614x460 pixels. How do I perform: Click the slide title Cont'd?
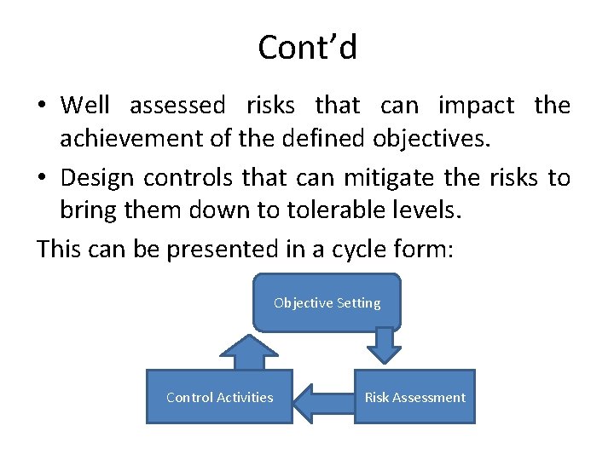pyautogui.click(x=307, y=47)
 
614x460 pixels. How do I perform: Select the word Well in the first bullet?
pyautogui.click(x=85, y=106)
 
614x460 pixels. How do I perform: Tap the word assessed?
pyautogui.click(x=177, y=106)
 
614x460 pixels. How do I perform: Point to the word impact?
pyautogui.click(x=476, y=106)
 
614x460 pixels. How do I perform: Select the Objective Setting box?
pyautogui.click(x=327, y=302)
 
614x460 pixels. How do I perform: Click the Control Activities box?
pyautogui.click(x=219, y=397)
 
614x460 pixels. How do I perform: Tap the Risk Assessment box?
pyautogui.click(x=414, y=397)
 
